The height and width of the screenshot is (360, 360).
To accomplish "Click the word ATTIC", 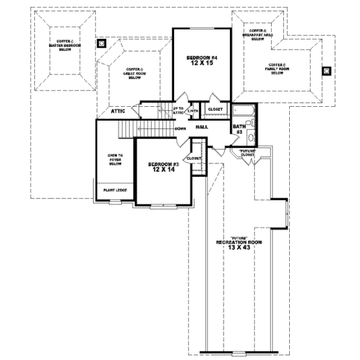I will (x=118, y=111).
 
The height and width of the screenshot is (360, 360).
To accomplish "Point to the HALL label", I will (x=202, y=127).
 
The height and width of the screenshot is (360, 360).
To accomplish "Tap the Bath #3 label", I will (x=237, y=128).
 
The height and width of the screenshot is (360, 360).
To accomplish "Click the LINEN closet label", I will (x=193, y=111).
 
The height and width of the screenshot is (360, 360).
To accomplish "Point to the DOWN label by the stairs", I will (x=180, y=128).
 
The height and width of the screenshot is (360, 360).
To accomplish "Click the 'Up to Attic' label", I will (x=178, y=110).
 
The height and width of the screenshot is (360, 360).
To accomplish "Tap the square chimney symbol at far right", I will (x=326, y=70).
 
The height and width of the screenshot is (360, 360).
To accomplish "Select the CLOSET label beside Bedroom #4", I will (x=215, y=109).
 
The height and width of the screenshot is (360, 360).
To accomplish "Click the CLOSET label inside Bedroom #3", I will (x=194, y=158).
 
